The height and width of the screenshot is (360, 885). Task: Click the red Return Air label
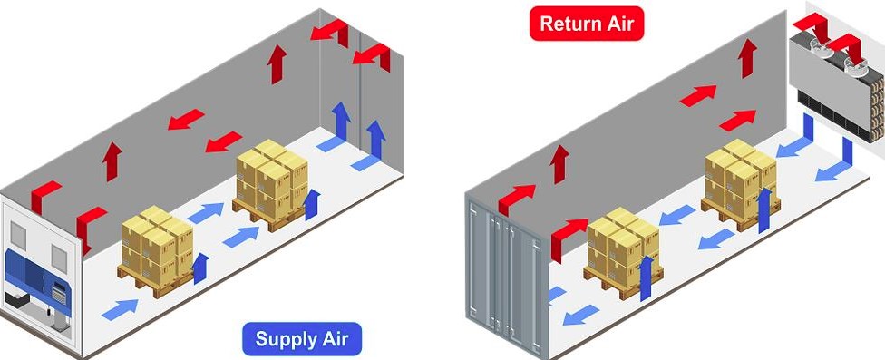coord(587,24)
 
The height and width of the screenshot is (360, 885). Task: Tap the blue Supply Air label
coord(302,339)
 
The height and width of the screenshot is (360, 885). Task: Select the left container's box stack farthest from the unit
coord(272,183)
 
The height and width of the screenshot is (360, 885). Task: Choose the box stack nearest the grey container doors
coord(623,252)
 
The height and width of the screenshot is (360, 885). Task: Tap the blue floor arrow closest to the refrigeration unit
coord(120,310)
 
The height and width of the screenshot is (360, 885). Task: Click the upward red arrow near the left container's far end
coord(277,64)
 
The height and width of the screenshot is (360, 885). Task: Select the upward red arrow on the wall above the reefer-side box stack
coord(112,161)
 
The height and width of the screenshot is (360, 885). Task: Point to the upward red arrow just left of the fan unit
coord(747,58)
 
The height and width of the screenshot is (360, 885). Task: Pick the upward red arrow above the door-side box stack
coord(559,164)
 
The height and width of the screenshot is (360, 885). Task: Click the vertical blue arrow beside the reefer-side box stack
coord(200,268)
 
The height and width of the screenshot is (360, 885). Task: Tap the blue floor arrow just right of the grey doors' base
coord(580,315)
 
